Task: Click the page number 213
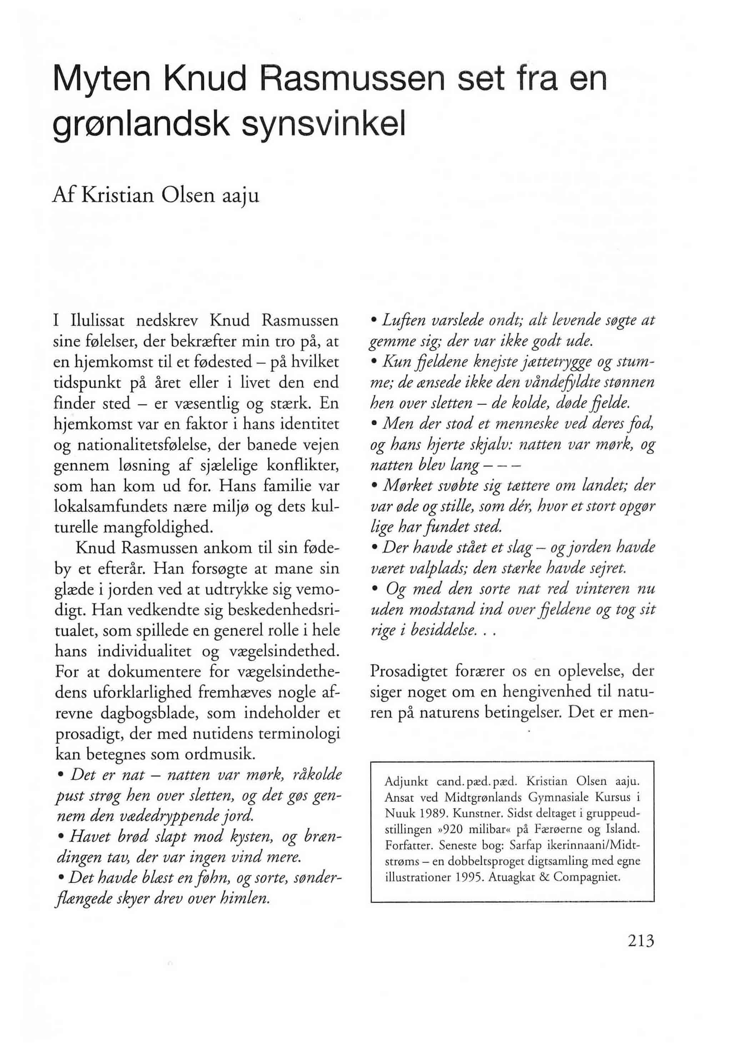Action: pyautogui.click(x=638, y=942)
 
